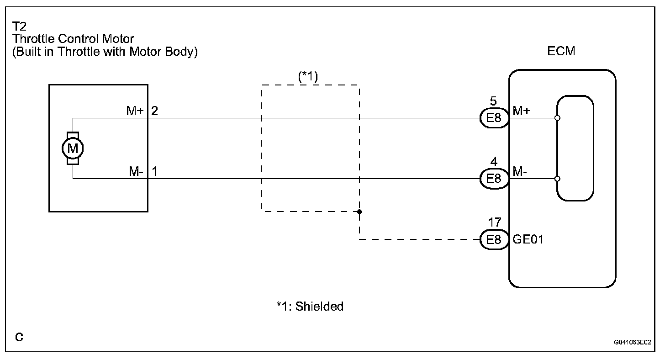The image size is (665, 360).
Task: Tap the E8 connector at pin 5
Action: coord(494,118)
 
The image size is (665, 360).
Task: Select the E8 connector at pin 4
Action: coord(494,178)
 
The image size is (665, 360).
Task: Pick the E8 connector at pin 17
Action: coord(494,239)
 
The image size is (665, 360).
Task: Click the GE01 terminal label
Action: coord(528,239)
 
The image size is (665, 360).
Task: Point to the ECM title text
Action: coord(561,51)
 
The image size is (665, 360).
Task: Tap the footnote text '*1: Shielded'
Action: coord(310,306)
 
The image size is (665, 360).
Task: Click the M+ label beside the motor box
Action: coord(135,111)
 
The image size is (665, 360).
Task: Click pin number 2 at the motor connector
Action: coord(155,111)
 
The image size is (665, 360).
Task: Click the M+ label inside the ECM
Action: coord(521,111)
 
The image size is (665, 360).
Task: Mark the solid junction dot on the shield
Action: coord(359,212)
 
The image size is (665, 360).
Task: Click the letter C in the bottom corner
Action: coord(19,337)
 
